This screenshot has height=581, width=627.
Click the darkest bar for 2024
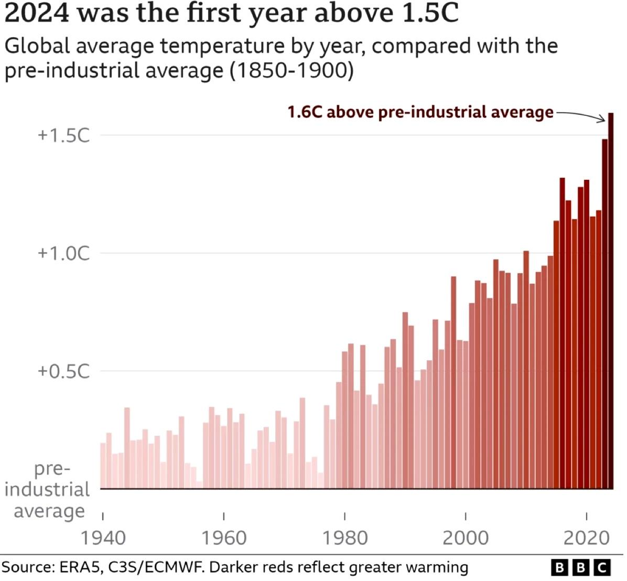pos(611,302)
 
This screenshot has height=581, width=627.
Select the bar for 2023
pos(604,315)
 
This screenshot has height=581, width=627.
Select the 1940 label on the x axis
pos(103,538)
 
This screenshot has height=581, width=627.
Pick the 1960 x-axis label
pos(224,538)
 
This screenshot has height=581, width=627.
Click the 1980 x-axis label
pos(344,538)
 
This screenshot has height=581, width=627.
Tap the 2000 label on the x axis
pos(466,538)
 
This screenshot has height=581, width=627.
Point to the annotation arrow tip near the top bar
pos(605,122)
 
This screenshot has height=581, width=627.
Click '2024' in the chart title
pos(37,14)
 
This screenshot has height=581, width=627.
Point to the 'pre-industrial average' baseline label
pos(47,490)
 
